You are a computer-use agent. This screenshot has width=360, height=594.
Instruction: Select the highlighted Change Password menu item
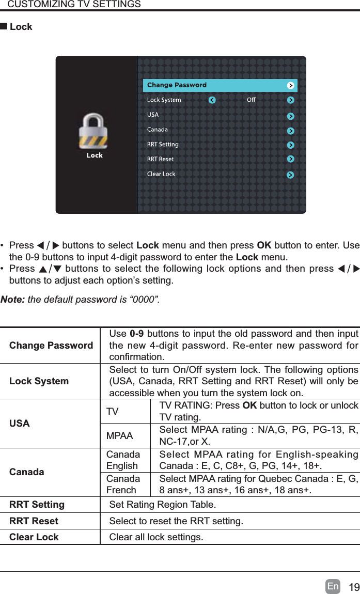(177, 85)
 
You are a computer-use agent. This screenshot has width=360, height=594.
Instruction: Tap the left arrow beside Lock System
(212, 100)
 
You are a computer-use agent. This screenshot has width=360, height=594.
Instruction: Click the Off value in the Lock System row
(251, 100)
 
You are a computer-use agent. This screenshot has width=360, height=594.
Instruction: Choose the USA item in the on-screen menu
(153, 115)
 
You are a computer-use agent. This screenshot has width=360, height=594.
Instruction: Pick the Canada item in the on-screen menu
(157, 130)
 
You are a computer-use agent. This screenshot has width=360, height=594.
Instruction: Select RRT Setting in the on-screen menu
(163, 144)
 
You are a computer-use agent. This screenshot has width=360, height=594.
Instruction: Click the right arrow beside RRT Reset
(291, 160)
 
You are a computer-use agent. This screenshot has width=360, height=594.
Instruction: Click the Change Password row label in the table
(51, 345)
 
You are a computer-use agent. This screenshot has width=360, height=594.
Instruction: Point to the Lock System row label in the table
(39, 381)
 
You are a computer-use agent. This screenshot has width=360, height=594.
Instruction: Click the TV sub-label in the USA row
(112, 412)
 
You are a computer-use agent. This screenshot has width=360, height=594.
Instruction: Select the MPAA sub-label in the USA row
(119, 436)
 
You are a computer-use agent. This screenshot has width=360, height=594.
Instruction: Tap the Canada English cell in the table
(123, 460)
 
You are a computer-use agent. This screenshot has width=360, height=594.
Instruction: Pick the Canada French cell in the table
(123, 484)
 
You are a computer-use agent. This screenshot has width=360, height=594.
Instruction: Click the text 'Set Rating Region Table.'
(163, 504)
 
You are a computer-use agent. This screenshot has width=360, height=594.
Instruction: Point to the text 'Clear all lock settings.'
(156, 537)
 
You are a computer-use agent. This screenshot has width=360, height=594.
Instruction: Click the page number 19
(354, 587)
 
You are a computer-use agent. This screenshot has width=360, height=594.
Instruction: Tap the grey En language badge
(333, 587)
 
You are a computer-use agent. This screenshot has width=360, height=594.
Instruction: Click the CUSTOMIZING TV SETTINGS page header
(74, 5)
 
